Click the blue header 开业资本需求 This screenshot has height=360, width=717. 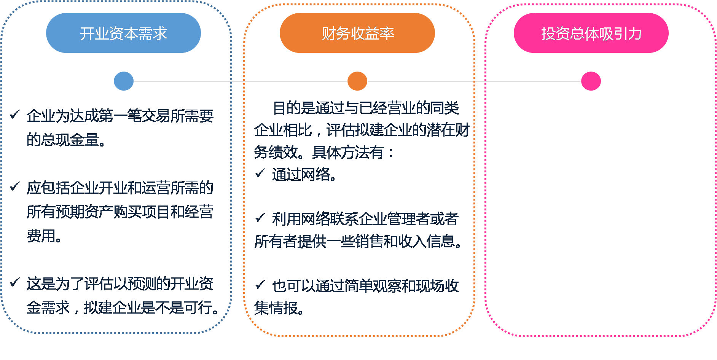click(x=123, y=33)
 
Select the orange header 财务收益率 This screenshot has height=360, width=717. click(x=357, y=33)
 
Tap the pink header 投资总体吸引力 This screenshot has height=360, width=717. click(x=591, y=33)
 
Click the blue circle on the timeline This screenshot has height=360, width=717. click(x=124, y=81)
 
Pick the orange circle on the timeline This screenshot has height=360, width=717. click(x=357, y=81)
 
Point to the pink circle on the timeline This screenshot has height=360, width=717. click(x=591, y=81)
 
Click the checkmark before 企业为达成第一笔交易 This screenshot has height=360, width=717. click(x=15, y=114)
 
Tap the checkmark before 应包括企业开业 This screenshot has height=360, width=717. click(x=15, y=186)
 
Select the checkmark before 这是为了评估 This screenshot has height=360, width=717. click(x=15, y=282)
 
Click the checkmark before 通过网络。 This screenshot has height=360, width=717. click(x=260, y=174)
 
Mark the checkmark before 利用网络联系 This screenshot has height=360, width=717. click(x=260, y=218)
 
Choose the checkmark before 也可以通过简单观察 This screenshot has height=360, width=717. click(x=260, y=285)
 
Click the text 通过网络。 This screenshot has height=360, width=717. click(x=304, y=175)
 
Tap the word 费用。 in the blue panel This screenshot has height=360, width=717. click(x=44, y=236)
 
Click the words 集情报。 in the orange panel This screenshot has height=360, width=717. click(x=279, y=308)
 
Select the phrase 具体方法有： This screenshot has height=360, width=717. click(x=353, y=153)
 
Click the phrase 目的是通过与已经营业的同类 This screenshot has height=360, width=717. click(x=366, y=108)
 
